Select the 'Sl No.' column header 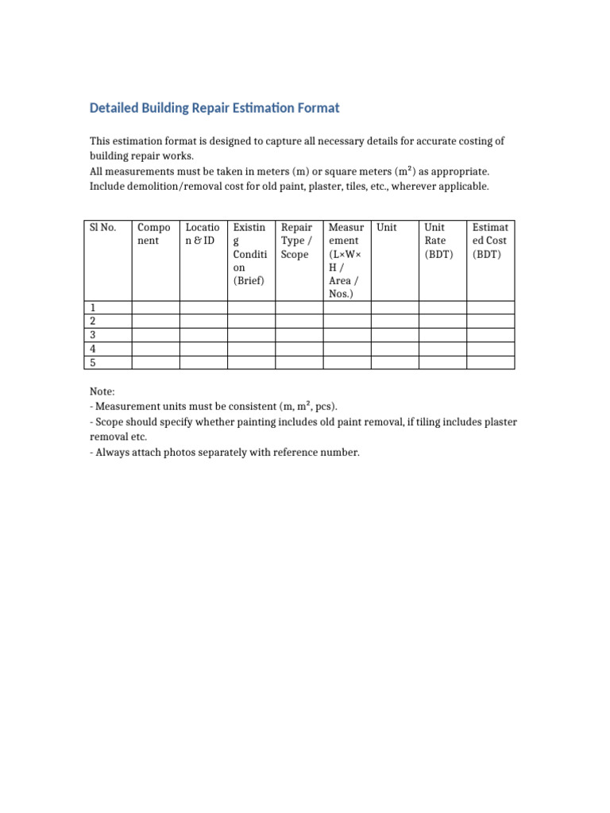[x=103, y=227]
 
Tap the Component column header [x=154, y=233]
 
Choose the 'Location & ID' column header [x=203, y=233]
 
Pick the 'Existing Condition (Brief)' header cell [x=249, y=254]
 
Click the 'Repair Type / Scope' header [x=297, y=241]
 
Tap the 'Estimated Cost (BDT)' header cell [x=489, y=241]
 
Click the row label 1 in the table [x=93, y=308]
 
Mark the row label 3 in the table [x=93, y=335]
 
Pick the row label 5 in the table [x=93, y=363]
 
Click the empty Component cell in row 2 [x=156, y=322]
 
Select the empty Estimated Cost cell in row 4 [x=490, y=349]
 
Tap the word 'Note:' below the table [x=102, y=392]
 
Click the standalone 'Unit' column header [x=387, y=227]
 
